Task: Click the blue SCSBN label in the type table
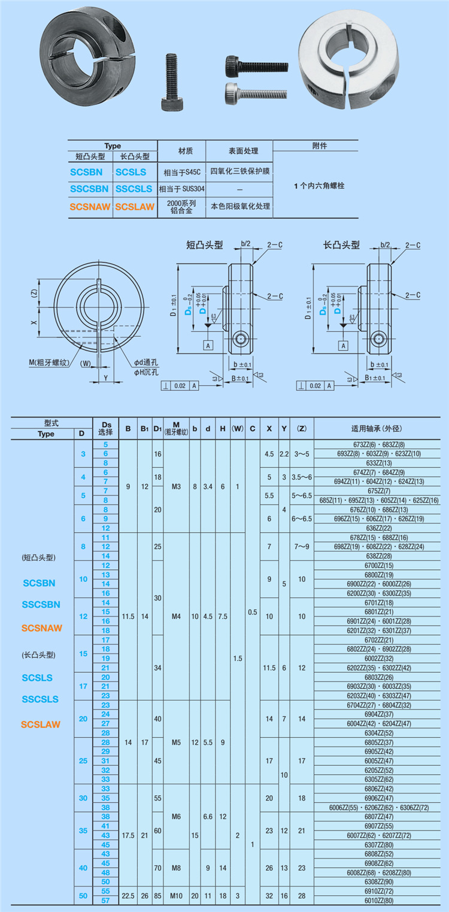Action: pos(86,172)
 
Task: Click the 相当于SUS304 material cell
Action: pos(181,189)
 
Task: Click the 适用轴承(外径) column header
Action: pos(380,428)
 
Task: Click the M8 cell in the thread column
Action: pos(176,867)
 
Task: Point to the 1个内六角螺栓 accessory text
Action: pos(318,186)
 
